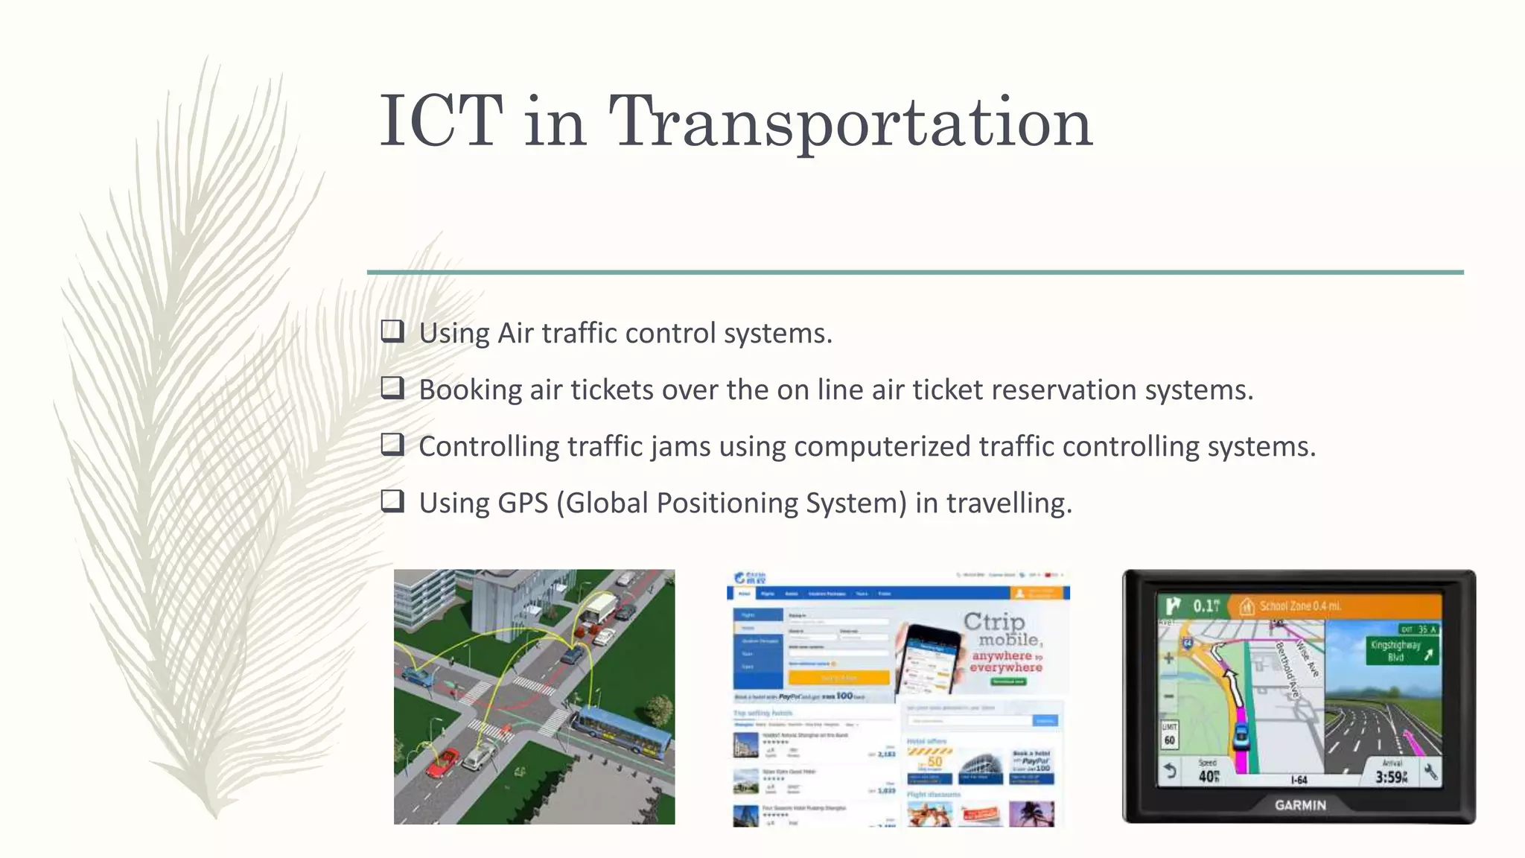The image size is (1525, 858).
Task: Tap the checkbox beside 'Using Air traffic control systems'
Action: coord(392,331)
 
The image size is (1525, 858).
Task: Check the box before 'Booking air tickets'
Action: coord(392,387)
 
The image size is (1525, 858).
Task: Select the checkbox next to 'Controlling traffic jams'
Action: coord(392,445)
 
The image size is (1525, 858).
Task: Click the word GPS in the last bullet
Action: coord(523,503)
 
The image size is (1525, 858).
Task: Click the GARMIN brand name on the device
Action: coord(1300,805)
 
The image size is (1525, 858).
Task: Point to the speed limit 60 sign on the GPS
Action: coord(1170,734)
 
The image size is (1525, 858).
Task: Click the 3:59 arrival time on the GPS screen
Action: coord(1391,777)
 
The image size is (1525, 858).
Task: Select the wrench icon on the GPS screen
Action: coord(1430,772)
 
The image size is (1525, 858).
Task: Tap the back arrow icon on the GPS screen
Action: coord(1171,771)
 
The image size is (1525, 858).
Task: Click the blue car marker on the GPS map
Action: coord(1241,734)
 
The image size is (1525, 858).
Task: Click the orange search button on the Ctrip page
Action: coord(838,678)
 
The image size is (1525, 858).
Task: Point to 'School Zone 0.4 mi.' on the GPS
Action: coord(1299,606)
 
